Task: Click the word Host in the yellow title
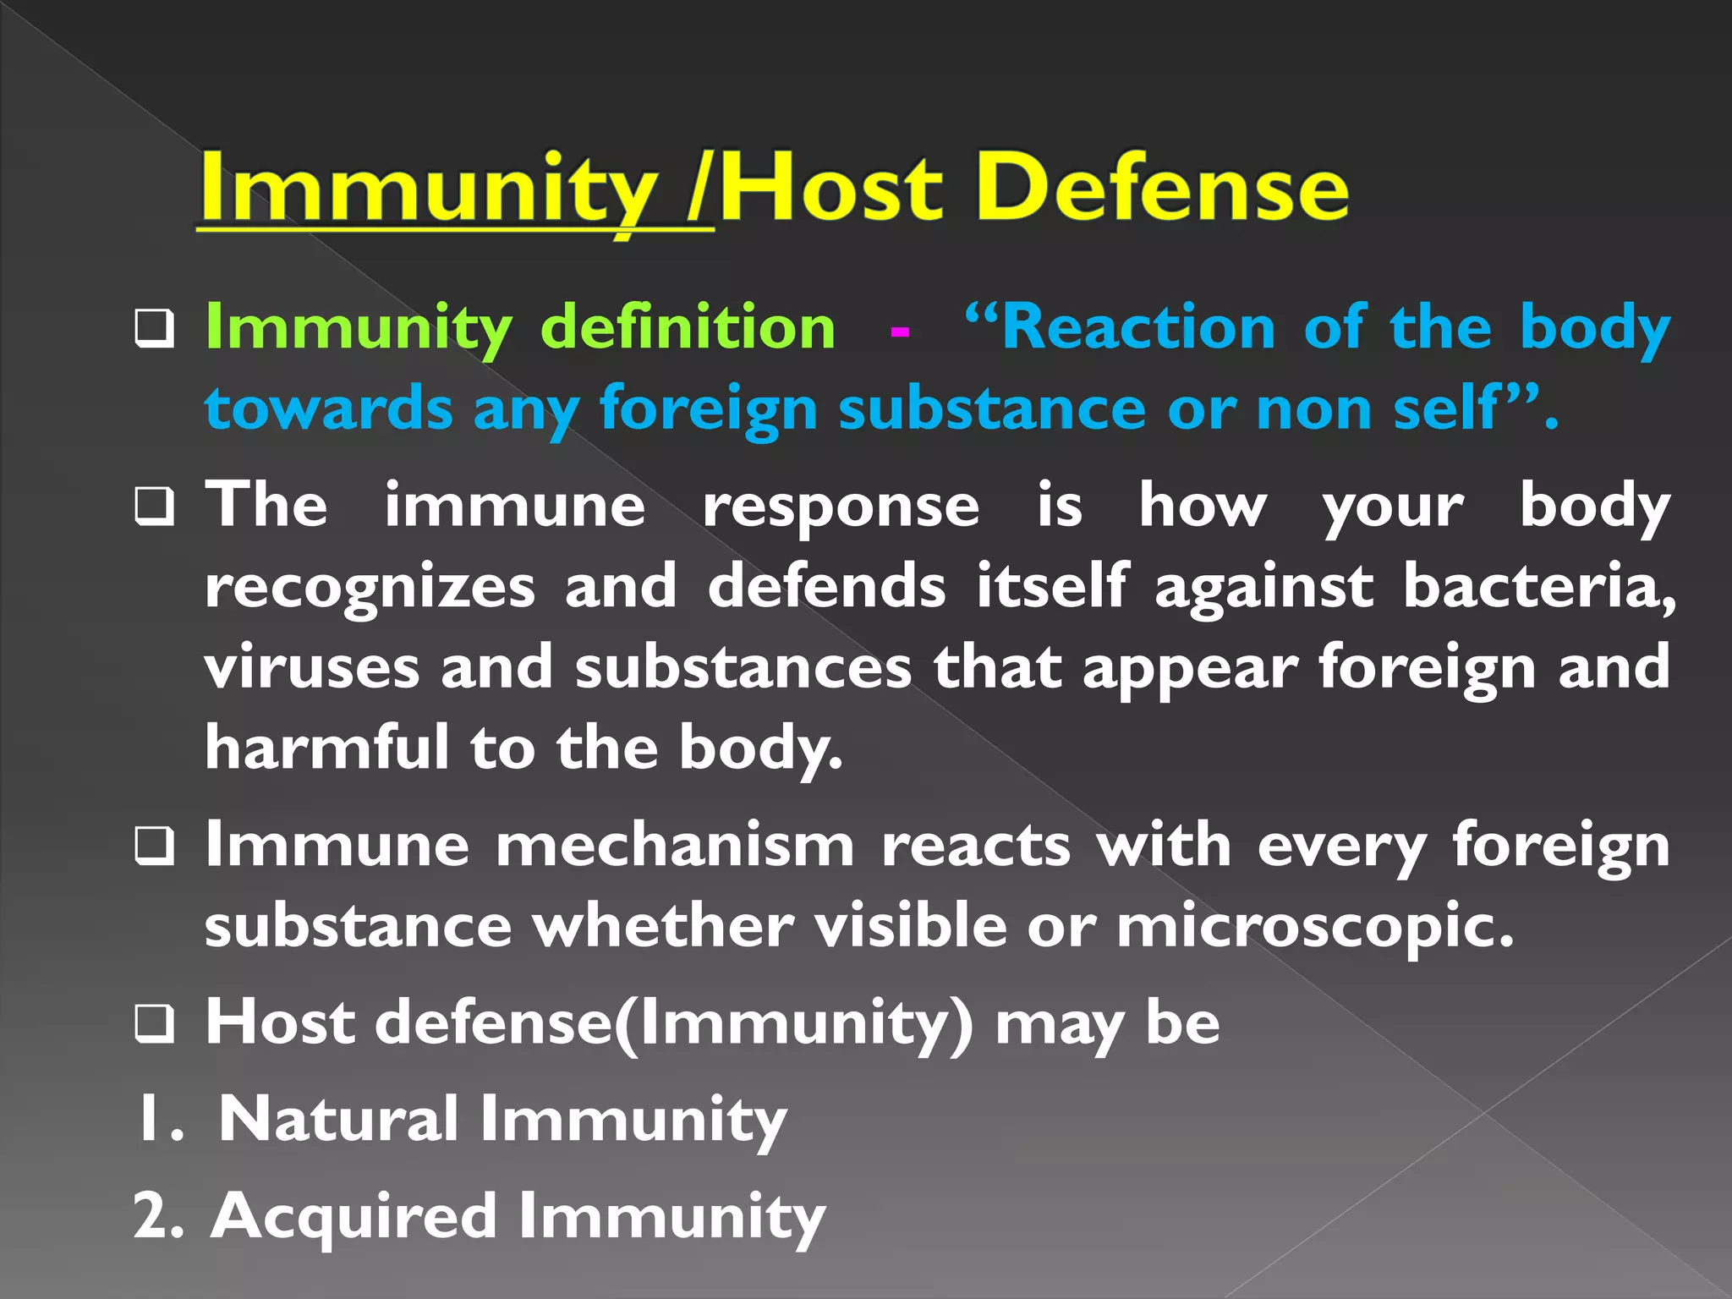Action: pos(830,188)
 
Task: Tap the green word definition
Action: pos(688,327)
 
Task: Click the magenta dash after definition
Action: pos(900,331)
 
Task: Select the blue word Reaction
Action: pos(1138,327)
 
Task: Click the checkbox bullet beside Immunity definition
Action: pos(155,331)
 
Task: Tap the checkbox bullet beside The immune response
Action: pos(155,507)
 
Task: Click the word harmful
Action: pos(326,748)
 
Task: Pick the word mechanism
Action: pos(675,846)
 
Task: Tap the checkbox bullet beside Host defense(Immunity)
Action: pos(155,1024)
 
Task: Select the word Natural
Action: pos(338,1120)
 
